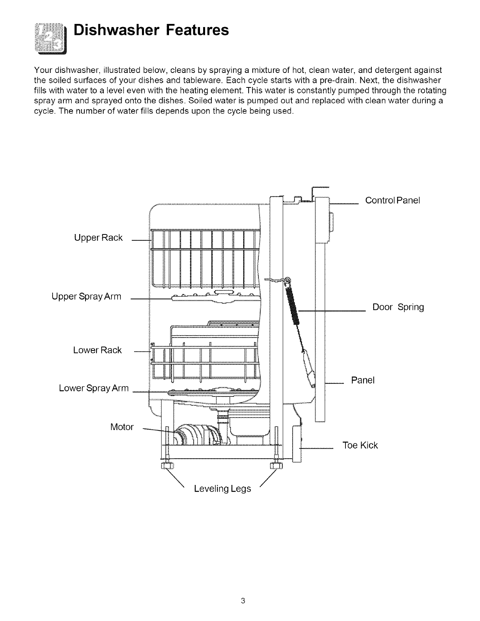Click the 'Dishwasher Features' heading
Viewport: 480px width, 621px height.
tap(151, 30)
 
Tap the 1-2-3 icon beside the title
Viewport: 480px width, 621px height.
tap(50, 38)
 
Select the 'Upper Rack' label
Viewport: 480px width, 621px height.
tap(98, 238)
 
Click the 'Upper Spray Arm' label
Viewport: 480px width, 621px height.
tap(86, 296)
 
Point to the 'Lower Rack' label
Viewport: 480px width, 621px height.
tap(97, 350)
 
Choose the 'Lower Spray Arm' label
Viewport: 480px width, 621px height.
tap(94, 388)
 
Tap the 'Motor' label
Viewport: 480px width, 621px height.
tap(122, 427)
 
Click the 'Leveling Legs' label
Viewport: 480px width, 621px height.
tap(222, 489)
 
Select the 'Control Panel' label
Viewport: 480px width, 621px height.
tap(393, 200)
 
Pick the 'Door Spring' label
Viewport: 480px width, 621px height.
tap(398, 307)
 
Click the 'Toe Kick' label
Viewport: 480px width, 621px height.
tap(360, 445)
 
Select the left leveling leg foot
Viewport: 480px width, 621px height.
tap(165, 466)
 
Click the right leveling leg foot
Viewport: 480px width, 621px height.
tap(277, 466)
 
